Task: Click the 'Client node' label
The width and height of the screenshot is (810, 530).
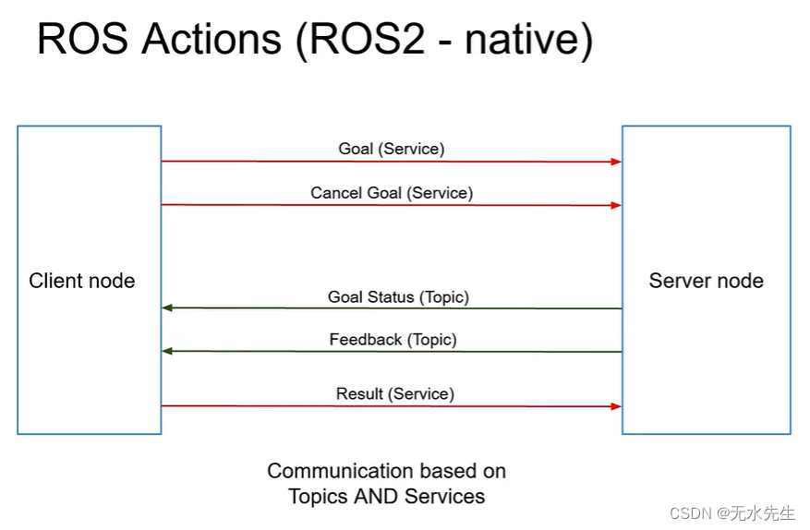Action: click(x=82, y=281)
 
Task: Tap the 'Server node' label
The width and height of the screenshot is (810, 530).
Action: click(x=706, y=281)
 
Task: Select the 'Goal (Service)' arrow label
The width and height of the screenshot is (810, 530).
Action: click(x=392, y=149)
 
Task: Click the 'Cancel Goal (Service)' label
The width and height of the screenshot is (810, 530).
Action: click(x=392, y=193)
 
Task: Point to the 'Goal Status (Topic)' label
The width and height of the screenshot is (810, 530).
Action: click(x=398, y=297)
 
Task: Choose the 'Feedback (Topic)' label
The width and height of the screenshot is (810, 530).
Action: click(x=393, y=340)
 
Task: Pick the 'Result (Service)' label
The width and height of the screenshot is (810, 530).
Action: click(x=395, y=394)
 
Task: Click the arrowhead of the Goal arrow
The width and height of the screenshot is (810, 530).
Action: click(x=616, y=162)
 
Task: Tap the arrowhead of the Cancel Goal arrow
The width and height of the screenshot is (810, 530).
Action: click(x=616, y=205)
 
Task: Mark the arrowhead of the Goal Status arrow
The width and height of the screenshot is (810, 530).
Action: click(x=167, y=308)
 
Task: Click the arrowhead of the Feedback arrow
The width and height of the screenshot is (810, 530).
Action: click(x=167, y=351)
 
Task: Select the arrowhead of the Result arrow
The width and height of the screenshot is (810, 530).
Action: click(x=616, y=406)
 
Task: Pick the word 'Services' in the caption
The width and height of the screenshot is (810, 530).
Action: click(x=448, y=497)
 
